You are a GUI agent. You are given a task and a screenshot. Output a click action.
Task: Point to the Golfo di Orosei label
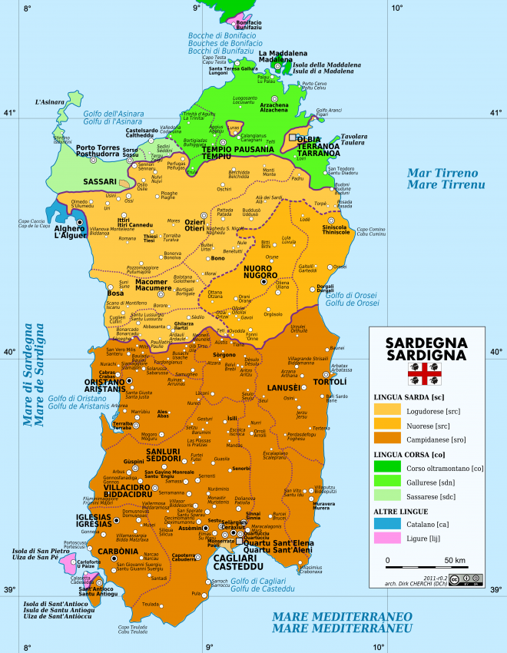click(x=353, y=299)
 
